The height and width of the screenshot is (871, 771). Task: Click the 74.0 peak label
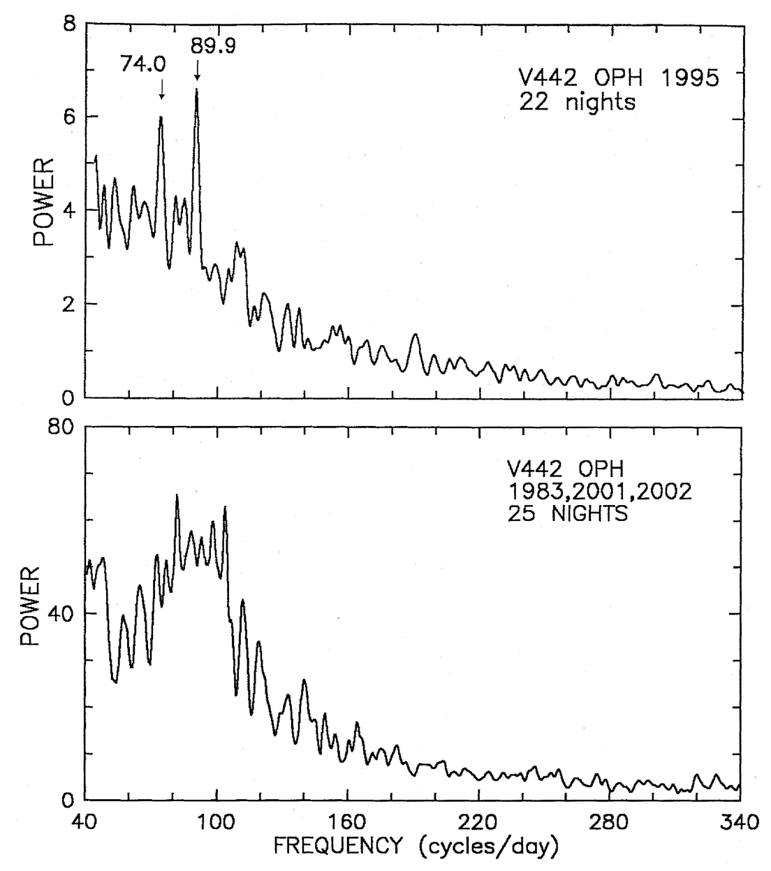[144, 65]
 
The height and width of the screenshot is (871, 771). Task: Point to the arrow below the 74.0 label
[161, 88]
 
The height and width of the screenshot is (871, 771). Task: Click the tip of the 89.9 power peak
[197, 89]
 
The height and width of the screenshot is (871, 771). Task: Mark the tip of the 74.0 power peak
[161, 117]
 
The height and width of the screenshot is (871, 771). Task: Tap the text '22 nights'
[578, 103]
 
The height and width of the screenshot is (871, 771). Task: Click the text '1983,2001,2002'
[599, 492]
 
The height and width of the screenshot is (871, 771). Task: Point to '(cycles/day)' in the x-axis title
[489, 847]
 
